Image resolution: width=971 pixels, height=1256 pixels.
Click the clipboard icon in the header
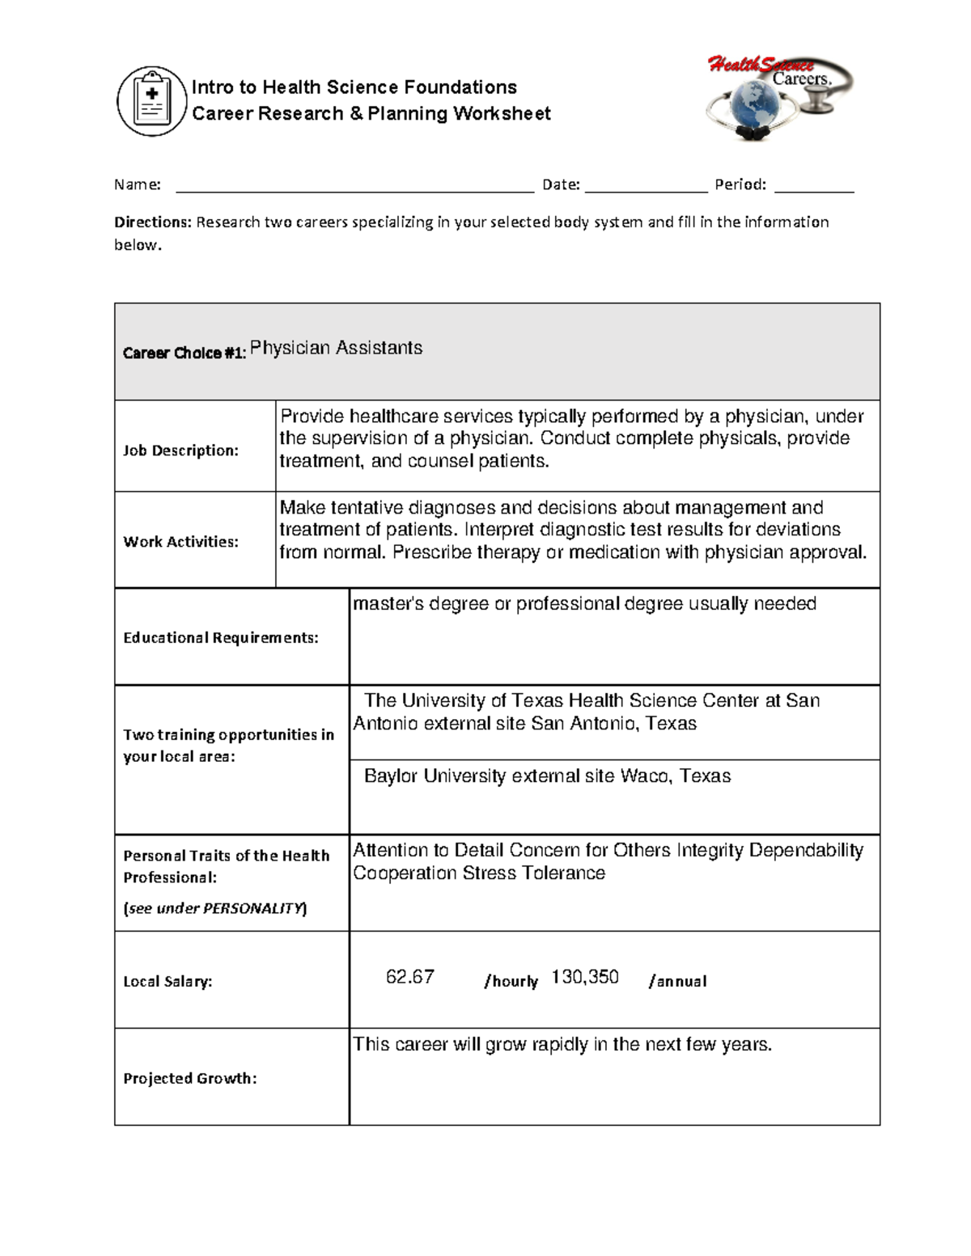[x=152, y=101]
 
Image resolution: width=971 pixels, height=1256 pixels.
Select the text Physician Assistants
[x=336, y=348]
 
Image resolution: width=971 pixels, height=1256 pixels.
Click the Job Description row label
[x=180, y=450]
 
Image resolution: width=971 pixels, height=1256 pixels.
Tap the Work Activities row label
[x=180, y=542]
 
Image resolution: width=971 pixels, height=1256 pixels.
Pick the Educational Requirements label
[x=220, y=638]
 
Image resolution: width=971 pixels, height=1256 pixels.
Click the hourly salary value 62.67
[x=409, y=977]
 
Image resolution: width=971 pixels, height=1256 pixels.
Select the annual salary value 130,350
[x=584, y=977]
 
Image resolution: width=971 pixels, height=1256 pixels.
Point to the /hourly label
[x=511, y=982]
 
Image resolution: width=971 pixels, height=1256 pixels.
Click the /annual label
[x=677, y=982]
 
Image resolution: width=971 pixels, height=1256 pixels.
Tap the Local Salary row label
[x=167, y=982]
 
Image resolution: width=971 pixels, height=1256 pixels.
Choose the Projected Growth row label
[x=189, y=1079]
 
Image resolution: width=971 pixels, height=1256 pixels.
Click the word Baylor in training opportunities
[x=391, y=776]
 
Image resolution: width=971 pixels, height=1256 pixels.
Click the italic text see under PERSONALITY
[x=214, y=908]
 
